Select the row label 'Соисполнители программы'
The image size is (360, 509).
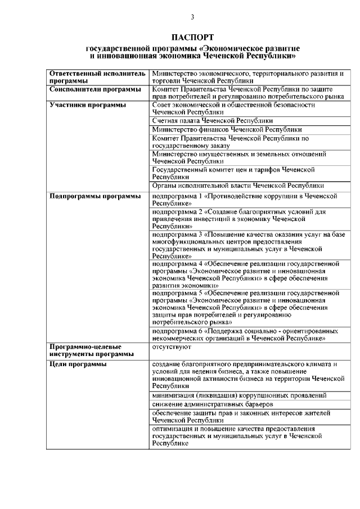point(95,89)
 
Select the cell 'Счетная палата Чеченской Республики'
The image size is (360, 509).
point(213,121)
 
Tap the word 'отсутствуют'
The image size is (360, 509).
point(172,348)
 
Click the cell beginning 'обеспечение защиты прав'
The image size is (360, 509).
point(236,417)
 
